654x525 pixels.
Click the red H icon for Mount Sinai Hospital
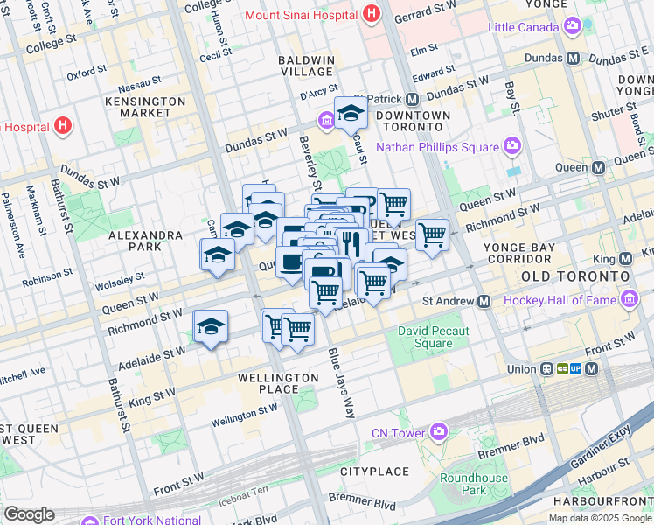[x=372, y=14]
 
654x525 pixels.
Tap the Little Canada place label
[x=523, y=27]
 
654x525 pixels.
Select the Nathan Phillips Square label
[x=437, y=146]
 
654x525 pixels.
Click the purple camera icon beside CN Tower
[x=437, y=430]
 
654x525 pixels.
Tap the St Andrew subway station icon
[x=484, y=301]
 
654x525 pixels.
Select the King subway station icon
[x=625, y=259]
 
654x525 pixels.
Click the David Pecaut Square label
[x=433, y=337]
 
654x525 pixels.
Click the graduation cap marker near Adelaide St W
[x=210, y=326]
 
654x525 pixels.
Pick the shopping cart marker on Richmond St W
[x=431, y=234]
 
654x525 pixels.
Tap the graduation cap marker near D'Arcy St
[x=351, y=112]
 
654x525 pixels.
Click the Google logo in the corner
[x=28, y=514]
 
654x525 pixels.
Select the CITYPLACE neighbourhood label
[x=374, y=472]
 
